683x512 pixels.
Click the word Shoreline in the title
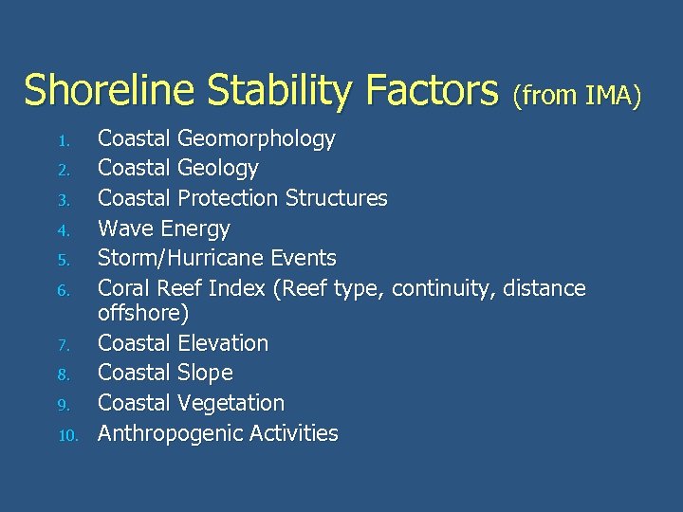tap(109, 91)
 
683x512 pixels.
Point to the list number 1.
tap(64, 142)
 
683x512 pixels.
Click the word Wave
tap(126, 229)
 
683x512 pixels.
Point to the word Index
tap(237, 288)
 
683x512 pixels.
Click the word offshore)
tap(143, 313)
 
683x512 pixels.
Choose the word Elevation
tap(222, 343)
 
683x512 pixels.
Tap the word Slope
tap(205, 373)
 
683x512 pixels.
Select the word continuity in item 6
tap(443, 288)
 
